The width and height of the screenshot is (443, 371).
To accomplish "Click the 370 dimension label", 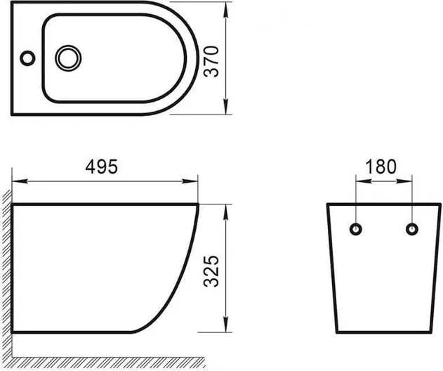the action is click(x=211, y=61).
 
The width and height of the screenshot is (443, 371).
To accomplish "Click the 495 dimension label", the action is click(x=101, y=167).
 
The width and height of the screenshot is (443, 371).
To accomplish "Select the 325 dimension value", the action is click(x=211, y=271).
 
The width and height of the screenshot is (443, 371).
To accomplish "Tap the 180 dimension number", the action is click(x=381, y=167).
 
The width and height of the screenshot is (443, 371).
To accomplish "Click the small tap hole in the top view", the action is click(x=27, y=58).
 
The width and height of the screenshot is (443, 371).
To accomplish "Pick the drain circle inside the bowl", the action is click(x=68, y=58).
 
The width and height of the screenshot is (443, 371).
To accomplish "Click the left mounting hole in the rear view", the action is click(x=356, y=229).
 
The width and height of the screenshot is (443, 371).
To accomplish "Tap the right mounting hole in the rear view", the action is click(x=412, y=229).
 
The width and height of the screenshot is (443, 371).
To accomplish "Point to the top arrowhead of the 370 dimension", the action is click(x=226, y=10).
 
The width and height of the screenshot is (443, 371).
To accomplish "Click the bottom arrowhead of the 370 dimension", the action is click(x=226, y=107).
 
